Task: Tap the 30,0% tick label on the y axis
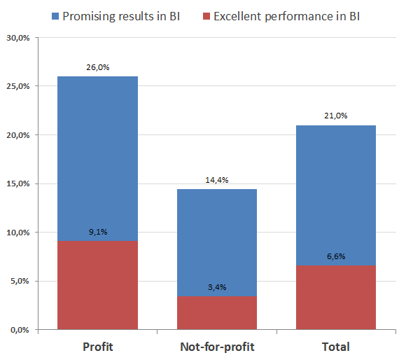17,38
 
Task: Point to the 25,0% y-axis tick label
17,86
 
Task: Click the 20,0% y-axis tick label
17,135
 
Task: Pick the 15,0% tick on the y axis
17,184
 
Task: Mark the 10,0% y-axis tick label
17,233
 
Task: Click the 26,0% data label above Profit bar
98,68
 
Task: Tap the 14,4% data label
217,180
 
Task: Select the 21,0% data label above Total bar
337,116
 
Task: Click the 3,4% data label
217,287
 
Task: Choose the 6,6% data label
337,256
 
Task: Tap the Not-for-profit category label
217,347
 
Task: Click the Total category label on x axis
337,347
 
